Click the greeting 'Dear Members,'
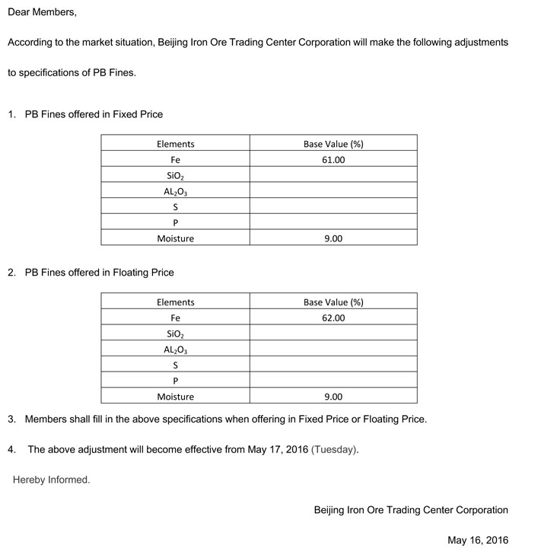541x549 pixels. [x=42, y=13]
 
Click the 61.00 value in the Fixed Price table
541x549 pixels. [x=333, y=160]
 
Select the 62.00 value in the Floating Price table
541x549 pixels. [x=333, y=318]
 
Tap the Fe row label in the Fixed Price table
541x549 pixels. [x=176, y=160]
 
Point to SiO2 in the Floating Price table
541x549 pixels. [x=176, y=334]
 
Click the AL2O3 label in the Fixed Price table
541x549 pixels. [x=176, y=192]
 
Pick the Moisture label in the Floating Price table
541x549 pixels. [x=176, y=397]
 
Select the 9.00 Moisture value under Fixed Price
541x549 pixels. [x=333, y=238]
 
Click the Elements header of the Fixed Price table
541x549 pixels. [x=176, y=144]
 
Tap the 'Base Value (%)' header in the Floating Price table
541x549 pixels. [x=333, y=302]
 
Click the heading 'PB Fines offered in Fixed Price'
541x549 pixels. [x=94, y=114]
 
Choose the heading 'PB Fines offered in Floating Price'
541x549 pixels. [x=99, y=273]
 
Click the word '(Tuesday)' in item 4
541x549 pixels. [x=334, y=449]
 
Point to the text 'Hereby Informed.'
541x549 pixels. [x=51, y=480]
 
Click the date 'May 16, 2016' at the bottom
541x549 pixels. [x=478, y=540]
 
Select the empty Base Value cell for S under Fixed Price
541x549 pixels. [x=333, y=207]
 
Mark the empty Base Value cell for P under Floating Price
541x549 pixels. [x=333, y=381]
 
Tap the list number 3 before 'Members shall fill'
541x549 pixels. [x=11, y=419]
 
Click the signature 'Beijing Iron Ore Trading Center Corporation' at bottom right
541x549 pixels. [x=411, y=509]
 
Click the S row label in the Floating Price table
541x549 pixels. [x=176, y=365]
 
